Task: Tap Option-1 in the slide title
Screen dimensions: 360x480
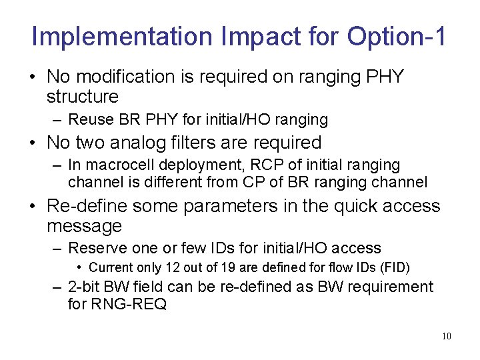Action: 397,37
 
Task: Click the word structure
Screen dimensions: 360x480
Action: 82,97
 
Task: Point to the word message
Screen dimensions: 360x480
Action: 84,226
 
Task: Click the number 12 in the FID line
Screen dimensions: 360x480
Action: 165,268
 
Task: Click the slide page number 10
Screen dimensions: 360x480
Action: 446,336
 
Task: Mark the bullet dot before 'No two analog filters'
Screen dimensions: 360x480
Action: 33,143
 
